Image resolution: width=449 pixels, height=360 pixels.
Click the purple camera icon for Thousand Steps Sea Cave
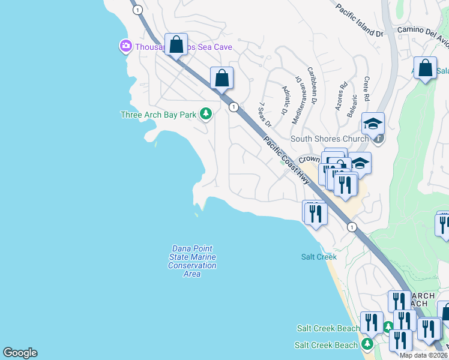click(x=125, y=46)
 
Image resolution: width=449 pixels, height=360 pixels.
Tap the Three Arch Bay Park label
click(x=159, y=114)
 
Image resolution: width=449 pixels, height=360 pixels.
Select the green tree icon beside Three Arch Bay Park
click(x=206, y=113)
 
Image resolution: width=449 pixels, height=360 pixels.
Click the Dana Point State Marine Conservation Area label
click(x=192, y=261)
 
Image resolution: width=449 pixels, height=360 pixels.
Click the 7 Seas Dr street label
click(x=265, y=115)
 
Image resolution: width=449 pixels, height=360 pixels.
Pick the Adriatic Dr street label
click(x=285, y=100)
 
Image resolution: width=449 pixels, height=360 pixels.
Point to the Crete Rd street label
click(x=366, y=89)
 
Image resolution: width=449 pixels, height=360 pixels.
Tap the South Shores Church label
click(x=330, y=139)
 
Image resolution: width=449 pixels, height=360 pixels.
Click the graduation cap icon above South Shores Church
click(x=373, y=123)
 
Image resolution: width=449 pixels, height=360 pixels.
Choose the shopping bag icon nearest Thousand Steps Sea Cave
click(x=176, y=44)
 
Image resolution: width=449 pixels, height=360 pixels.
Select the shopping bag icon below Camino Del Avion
click(x=425, y=68)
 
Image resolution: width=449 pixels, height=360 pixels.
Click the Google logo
click(x=20, y=353)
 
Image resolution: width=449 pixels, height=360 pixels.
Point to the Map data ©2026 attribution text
click(x=423, y=355)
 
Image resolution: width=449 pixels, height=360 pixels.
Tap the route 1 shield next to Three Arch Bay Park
click(x=234, y=107)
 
